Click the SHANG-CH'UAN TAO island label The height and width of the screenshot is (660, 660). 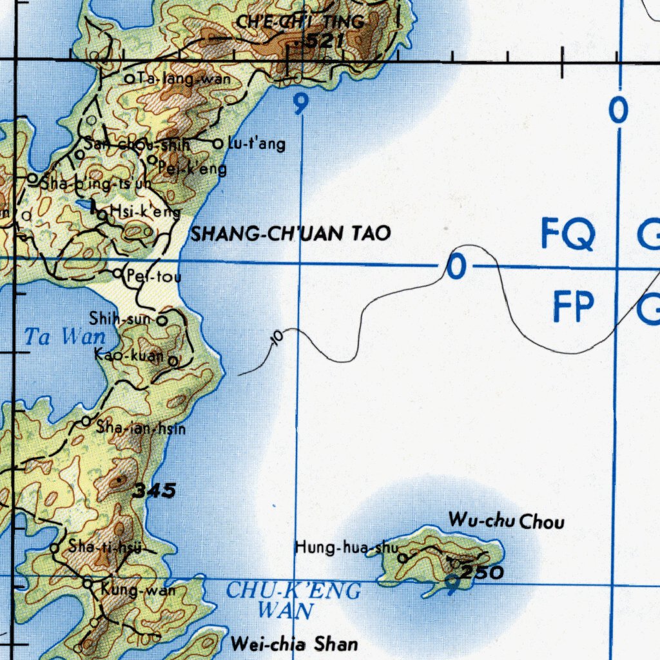tap(291, 233)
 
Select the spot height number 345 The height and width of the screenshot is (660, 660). tap(154, 491)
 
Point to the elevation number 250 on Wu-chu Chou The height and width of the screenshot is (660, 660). tap(483, 572)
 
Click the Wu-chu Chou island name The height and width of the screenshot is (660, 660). tap(506, 520)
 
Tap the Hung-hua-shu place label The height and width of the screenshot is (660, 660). tap(347, 548)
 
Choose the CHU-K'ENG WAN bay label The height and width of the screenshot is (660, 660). tap(293, 599)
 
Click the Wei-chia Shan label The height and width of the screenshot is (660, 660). tap(293, 643)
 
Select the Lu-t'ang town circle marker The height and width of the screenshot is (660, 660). tap(218, 143)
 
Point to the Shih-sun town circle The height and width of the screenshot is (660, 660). tap(162, 319)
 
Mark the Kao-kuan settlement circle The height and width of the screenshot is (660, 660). tap(173, 362)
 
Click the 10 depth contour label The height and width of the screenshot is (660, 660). tap(278, 338)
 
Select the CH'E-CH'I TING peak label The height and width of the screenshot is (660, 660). tap(300, 22)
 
